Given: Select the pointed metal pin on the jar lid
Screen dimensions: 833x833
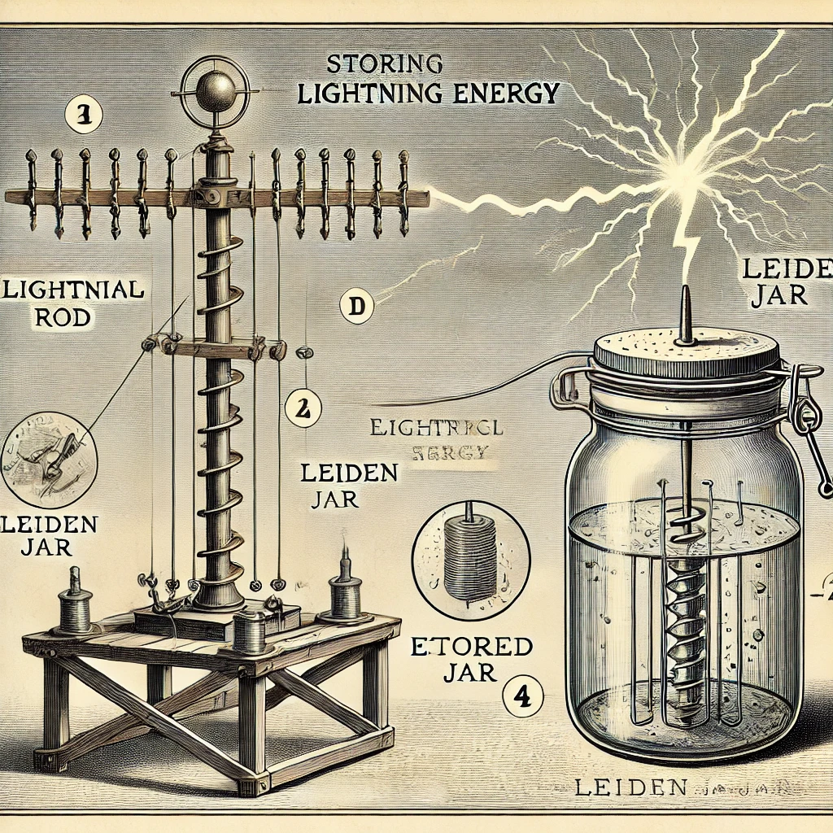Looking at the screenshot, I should pyautogui.click(x=686, y=315).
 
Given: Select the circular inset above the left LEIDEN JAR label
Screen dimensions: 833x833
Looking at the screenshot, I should pyautogui.click(x=50, y=456).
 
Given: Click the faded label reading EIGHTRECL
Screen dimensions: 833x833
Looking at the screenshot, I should pyautogui.click(x=437, y=427).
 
